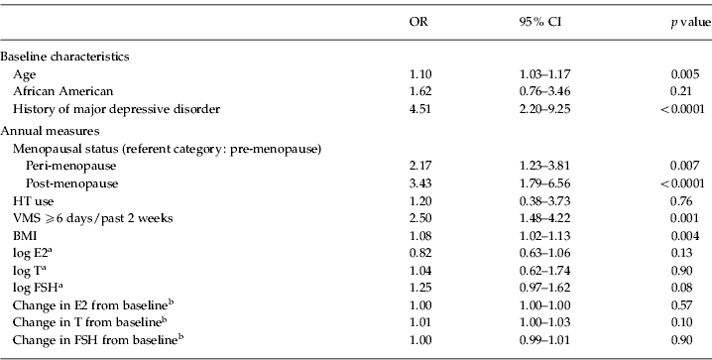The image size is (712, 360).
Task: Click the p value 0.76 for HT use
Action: point(688,201)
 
